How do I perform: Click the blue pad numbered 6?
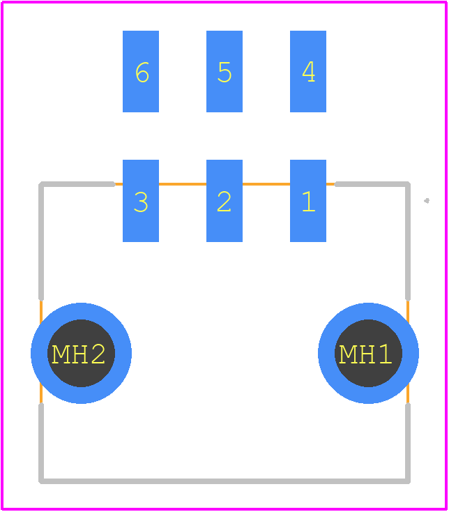[141, 72]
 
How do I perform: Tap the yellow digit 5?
[224, 72]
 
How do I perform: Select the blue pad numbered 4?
[308, 72]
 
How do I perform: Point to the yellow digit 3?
[141, 202]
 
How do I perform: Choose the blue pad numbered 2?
[224, 201]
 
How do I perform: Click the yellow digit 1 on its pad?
[309, 202]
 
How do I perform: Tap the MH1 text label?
[365, 354]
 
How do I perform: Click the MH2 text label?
[79, 354]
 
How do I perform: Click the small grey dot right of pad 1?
[427, 201]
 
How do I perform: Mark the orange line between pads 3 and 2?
[183, 184]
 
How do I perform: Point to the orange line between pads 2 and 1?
[266, 184]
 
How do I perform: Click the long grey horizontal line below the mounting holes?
[224, 481]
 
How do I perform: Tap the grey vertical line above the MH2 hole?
[41, 241]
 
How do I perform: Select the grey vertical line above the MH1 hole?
[408, 241]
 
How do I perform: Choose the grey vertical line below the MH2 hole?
[41, 443]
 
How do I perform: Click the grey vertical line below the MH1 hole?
[408, 443]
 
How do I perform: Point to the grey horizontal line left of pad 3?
[77, 184]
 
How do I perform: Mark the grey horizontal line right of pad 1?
[372, 184]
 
